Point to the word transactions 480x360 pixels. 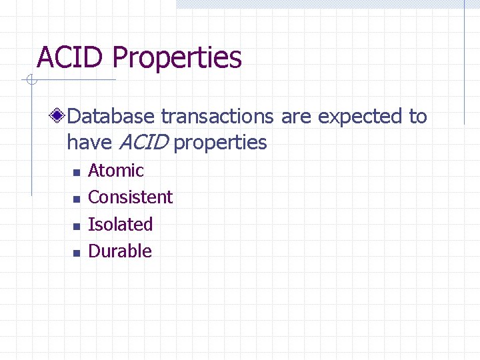(217, 117)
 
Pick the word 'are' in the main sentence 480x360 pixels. (296, 117)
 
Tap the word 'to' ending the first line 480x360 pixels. (417, 117)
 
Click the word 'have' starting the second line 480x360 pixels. (90, 142)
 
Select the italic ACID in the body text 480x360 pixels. (144, 142)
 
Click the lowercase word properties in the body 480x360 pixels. (220, 143)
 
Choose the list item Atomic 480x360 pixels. (116, 171)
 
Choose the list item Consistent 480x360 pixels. (130, 197)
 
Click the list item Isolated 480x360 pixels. (121, 225)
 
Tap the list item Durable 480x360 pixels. (120, 251)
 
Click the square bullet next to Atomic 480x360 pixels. (76, 172)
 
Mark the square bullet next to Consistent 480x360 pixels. (76, 199)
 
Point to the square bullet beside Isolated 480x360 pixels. (76, 226)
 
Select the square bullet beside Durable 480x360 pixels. (76, 253)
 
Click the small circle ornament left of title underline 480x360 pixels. (31, 81)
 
